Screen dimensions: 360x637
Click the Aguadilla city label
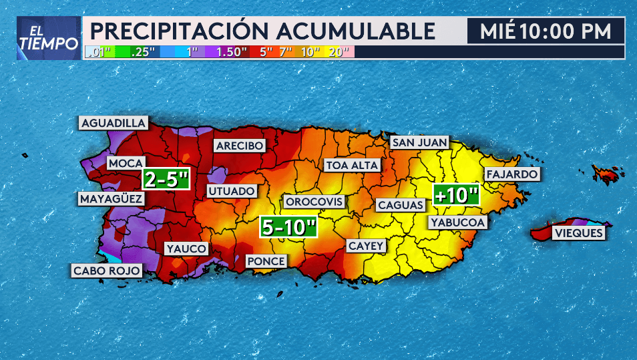(x=114, y=123)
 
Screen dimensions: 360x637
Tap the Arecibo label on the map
(x=239, y=146)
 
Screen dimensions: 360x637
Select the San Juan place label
(x=419, y=142)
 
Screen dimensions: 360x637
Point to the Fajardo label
(x=512, y=174)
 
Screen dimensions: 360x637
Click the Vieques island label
(x=578, y=233)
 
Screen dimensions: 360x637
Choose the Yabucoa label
(x=458, y=222)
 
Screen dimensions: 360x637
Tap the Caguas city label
(x=400, y=205)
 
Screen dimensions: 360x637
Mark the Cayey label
(x=366, y=246)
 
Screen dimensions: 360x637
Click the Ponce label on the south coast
(x=266, y=261)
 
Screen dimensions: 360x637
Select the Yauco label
(x=186, y=249)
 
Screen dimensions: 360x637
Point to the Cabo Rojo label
(x=107, y=271)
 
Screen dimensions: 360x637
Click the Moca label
(x=126, y=164)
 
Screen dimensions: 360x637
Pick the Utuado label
(x=232, y=191)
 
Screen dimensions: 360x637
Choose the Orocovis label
(x=314, y=202)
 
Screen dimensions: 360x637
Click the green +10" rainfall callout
(x=457, y=195)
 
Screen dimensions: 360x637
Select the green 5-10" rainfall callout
(x=288, y=227)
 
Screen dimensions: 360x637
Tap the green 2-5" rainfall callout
(x=166, y=178)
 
